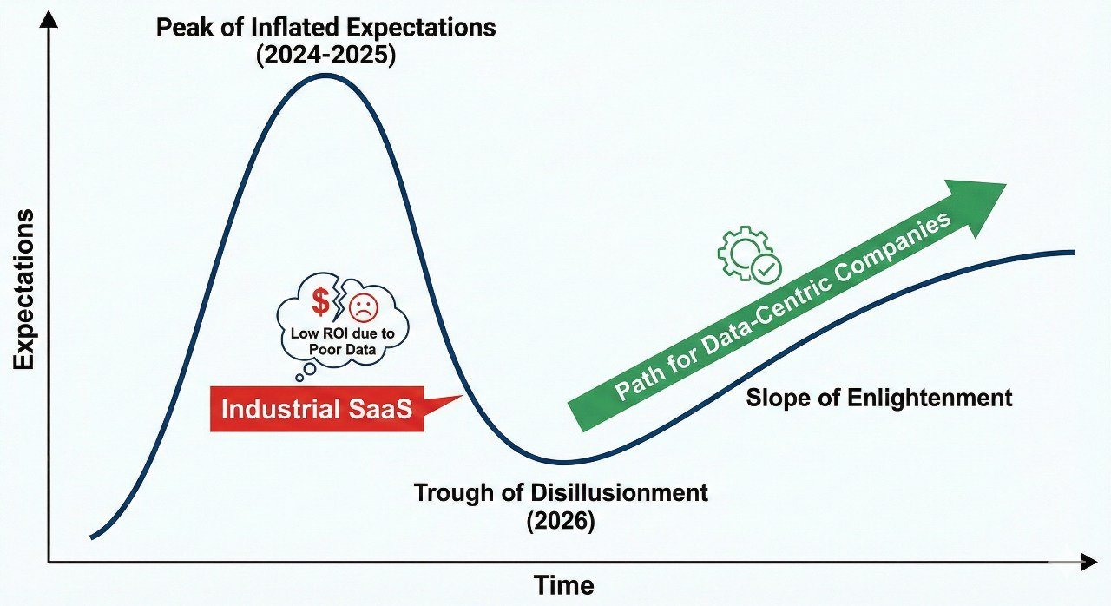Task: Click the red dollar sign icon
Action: (321, 302)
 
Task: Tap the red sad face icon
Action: (364, 307)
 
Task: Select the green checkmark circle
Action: (766, 269)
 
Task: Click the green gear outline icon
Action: (740, 252)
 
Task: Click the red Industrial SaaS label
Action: (318, 409)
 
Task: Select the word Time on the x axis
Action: (564, 585)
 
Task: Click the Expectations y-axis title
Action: (23, 289)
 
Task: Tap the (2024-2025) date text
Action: (325, 55)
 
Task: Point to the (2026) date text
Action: (561, 521)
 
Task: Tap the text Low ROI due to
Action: (342, 333)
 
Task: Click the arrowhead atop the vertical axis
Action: (48, 19)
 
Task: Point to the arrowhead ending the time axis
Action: (1088, 563)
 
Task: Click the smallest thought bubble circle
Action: (299, 378)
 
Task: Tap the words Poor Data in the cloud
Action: (342, 349)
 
